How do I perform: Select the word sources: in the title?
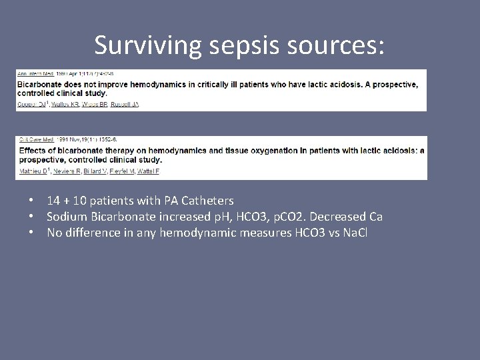click(337, 45)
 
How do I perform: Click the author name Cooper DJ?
click(29, 103)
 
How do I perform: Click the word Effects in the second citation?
click(30, 150)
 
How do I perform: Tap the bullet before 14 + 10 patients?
click(31, 200)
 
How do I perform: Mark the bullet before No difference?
click(31, 233)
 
